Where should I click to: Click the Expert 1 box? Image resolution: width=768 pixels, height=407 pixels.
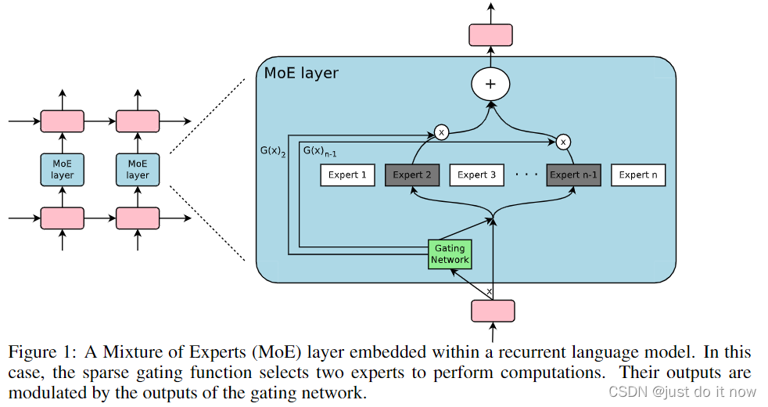coord(347,175)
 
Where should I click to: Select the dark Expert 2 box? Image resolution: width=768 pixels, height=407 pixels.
coord(412,175)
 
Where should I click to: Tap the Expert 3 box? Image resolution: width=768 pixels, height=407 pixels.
coord(477,175)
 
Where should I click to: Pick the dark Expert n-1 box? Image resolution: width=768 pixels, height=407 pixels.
coord(574,175)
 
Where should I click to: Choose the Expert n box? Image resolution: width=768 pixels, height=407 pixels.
coord(638,175)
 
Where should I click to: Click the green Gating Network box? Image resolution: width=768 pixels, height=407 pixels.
coord(450,254)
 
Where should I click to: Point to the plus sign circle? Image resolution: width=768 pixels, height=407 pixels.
coord(490,85)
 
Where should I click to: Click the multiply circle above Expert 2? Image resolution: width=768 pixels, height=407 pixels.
coord(441,132)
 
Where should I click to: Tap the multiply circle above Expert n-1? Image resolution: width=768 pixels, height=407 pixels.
coord(562,142)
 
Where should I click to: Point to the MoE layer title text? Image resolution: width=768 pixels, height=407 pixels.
coord(301,74)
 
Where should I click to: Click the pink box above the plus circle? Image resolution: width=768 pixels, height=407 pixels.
coord(490,35)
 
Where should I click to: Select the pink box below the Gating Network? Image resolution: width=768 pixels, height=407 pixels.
coord(493,311)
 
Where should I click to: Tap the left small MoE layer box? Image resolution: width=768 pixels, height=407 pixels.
coord(62,169)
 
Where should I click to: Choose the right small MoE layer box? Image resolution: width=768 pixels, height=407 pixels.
coord(138,169)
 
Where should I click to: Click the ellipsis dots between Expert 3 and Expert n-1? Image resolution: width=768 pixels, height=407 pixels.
coord(526,175)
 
